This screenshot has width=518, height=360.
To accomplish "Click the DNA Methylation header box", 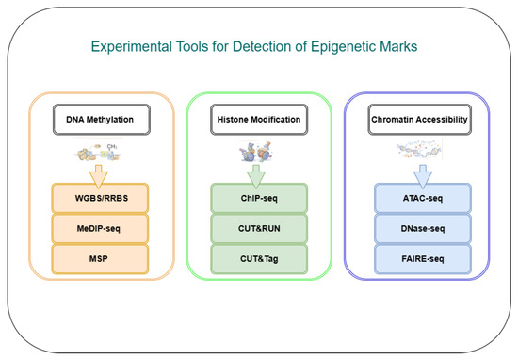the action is click(102, 120).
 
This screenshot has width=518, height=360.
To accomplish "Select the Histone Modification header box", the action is click(259, 120).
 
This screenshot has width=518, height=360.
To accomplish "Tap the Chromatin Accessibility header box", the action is click(419, 120).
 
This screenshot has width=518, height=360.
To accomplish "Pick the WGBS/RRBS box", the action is click(100, 198).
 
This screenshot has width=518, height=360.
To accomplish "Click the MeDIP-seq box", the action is click(100, 228).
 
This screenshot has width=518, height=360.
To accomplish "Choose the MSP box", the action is click(100, 259).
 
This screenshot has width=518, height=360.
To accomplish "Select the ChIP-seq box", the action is click(259, 198).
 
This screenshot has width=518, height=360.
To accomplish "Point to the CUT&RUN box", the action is click(259, 228).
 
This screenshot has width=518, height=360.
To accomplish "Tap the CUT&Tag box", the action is click(259, 259).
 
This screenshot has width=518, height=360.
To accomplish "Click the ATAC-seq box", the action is click(423, 198).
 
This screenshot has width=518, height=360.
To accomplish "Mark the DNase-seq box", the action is click(423, 228).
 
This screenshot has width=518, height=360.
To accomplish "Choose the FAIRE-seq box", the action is click(423, 259).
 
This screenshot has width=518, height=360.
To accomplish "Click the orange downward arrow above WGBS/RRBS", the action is click(99, 176).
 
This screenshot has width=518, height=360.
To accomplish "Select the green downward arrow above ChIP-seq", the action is click(256, 176).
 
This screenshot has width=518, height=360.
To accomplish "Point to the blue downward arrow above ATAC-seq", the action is click(423, 176).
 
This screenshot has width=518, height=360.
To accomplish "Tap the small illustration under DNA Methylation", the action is click(98, 152).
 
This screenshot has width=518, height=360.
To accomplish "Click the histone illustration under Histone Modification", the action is click(256, 152).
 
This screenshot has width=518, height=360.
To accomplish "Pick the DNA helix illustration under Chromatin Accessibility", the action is click(419, 150).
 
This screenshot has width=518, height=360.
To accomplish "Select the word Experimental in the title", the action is click(132, 46).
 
